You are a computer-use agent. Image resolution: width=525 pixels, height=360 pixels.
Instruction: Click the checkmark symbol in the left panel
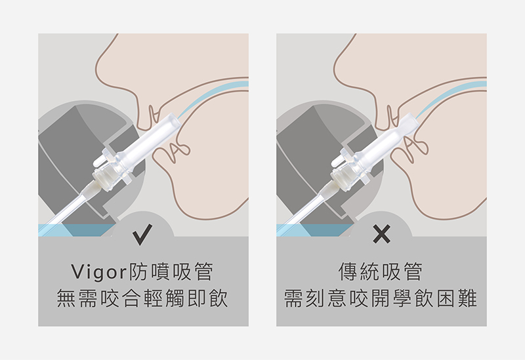coord(142,234)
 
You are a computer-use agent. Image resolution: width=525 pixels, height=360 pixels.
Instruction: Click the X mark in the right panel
coord(381,234)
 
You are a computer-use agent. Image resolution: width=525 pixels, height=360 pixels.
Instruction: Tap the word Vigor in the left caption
coord(99,272)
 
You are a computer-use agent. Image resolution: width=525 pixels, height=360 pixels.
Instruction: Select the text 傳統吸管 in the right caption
coord(381,271)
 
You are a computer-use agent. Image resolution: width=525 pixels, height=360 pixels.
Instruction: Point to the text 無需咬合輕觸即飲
coord(142,298)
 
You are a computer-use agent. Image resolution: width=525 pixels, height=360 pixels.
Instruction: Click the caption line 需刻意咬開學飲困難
coord(381,298)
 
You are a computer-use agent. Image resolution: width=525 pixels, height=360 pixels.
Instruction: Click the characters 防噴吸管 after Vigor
coord(171,271)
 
